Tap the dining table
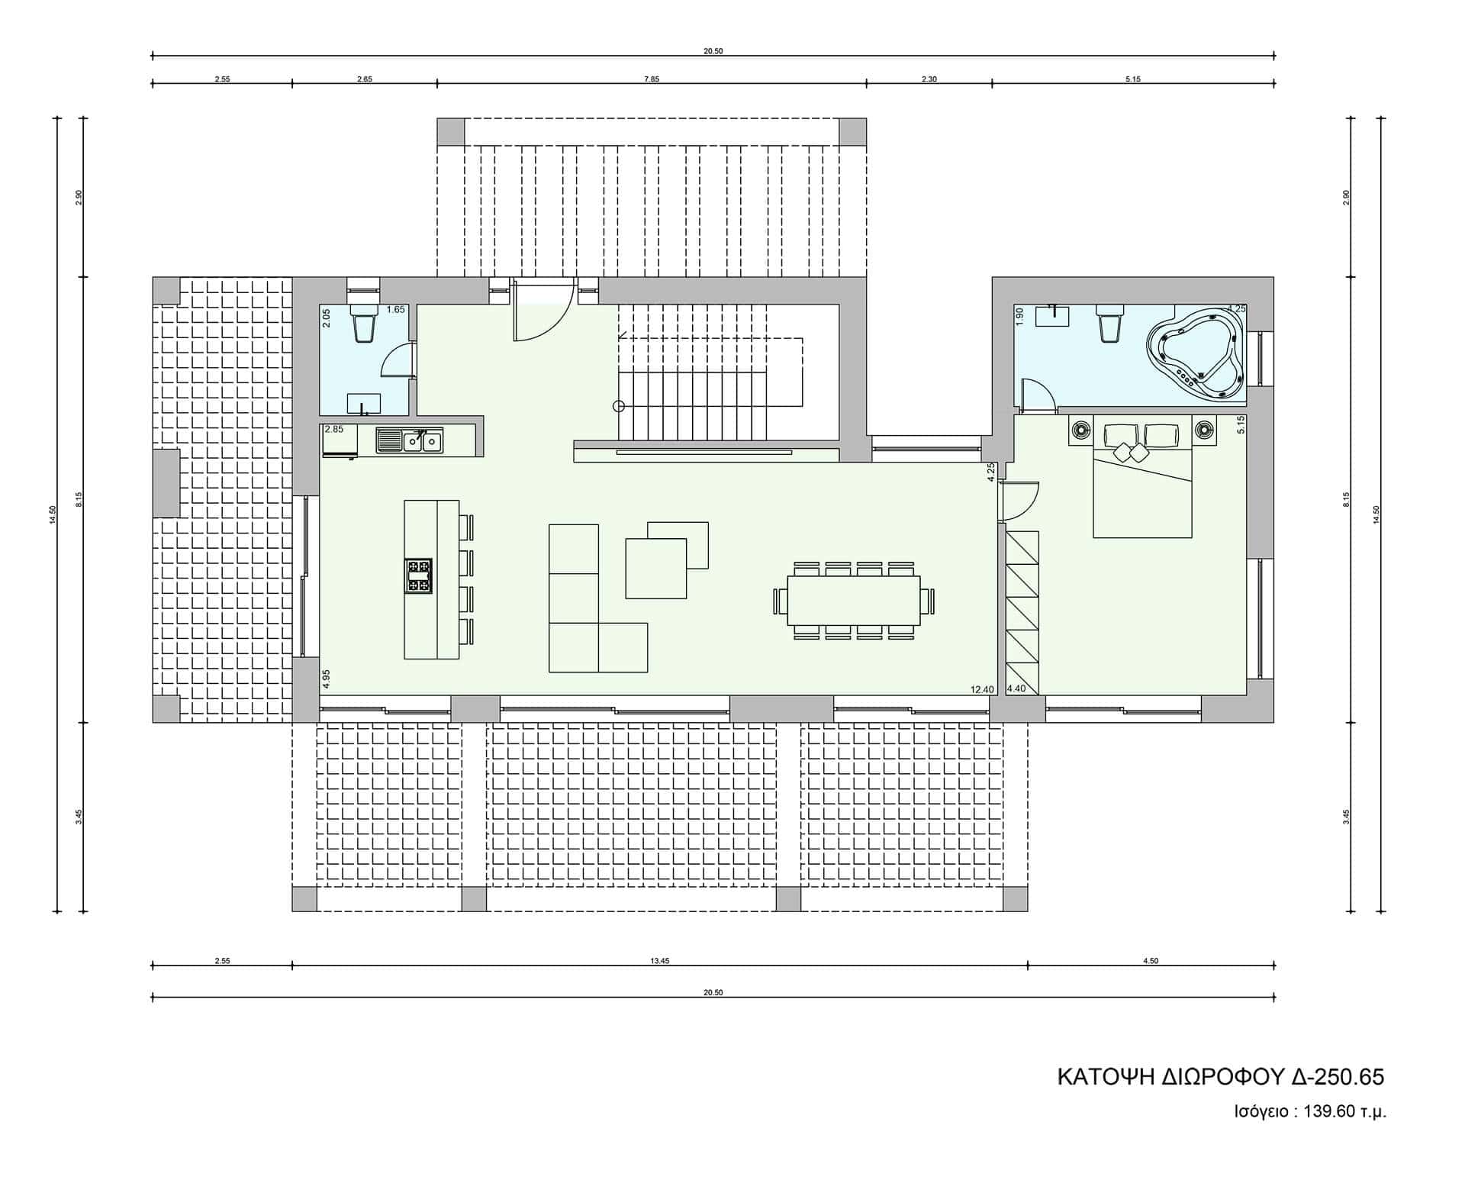tap(854, 600)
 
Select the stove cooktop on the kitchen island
tap(418, 576)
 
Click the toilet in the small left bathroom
tap(363, 324)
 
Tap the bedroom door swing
tap(1019, 500)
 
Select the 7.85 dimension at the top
tap(651, 79)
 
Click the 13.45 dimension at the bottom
tap(660, 961)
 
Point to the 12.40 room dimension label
tap(982, 690)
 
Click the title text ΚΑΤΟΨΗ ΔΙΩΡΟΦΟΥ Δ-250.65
tap(1220, 1077)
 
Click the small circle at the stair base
tap(619, 406)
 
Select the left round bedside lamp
tap(1080, 430)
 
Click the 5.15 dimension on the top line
tap(1132, 79)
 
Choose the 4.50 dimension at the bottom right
tap(1151, 961)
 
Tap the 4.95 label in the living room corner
tap(327, 679)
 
